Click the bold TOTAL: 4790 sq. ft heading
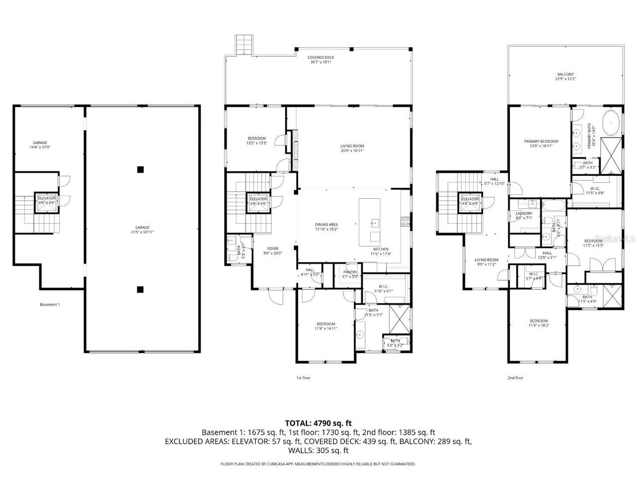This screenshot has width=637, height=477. click(318, 423)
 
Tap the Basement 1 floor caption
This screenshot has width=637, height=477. click(50, 305)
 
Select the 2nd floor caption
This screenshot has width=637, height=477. click(515, 378)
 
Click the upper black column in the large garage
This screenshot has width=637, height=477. click(141, 169)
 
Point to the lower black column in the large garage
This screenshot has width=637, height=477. click(141, 289)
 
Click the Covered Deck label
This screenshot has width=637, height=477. click(321, 60)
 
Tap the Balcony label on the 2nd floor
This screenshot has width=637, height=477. click(565, 77)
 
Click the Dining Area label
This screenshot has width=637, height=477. click(326, 227)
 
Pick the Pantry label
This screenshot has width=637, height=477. click(350, 274)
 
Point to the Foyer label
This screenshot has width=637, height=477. click(272, 251)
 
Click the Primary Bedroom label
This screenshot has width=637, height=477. click(541, 144)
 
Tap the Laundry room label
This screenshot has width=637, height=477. click(524, 215)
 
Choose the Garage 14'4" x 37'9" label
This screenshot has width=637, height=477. click(39, 145)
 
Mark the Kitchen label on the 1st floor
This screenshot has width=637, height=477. click(381, 251)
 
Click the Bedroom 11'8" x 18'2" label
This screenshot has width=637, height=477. click(538, 323)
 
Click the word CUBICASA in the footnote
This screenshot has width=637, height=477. click(276, 464)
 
